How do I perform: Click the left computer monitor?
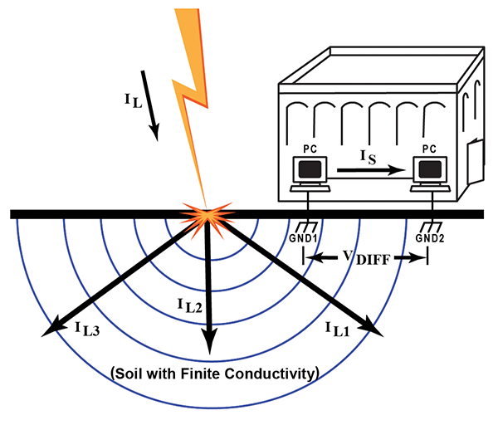(x=310, y=169)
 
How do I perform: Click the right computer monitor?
(x=429, y=169)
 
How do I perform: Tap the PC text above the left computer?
(x=310, y=148)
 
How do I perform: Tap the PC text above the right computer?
(x=429, y=148)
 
